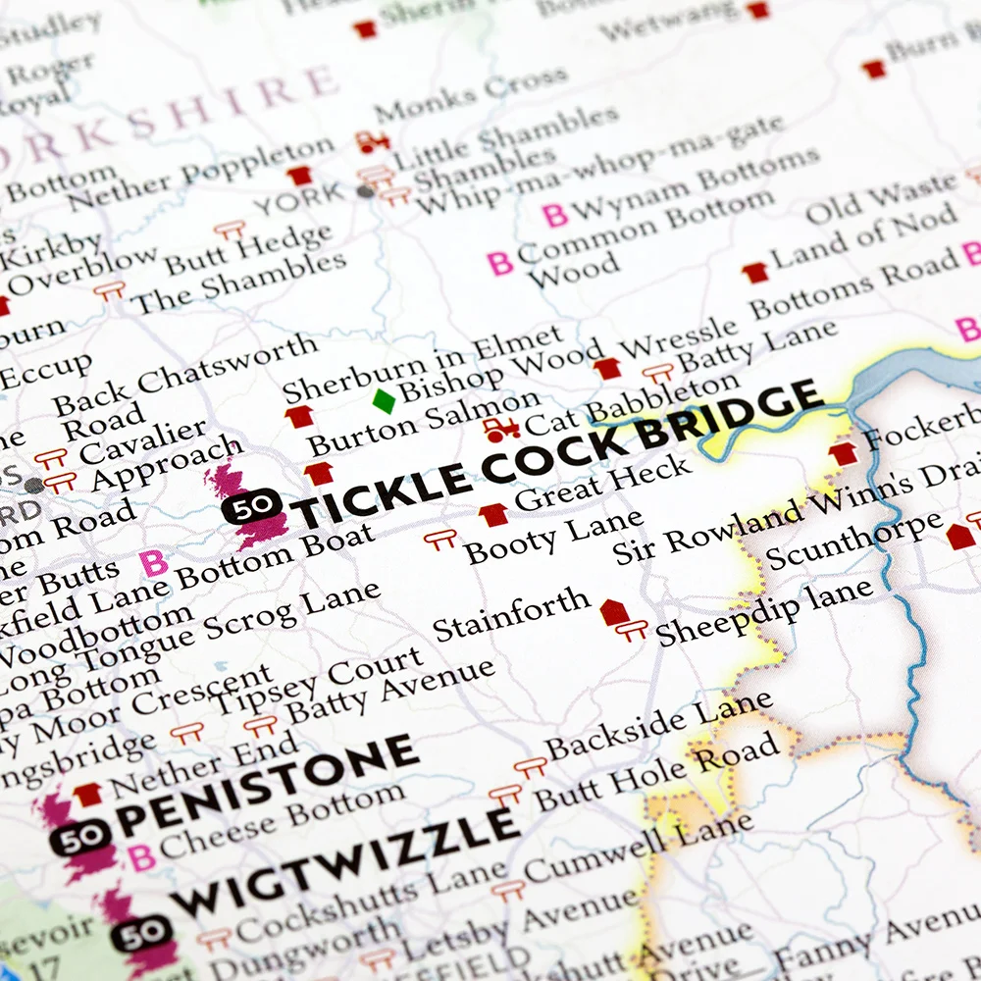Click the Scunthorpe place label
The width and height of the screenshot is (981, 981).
tap(853, 541)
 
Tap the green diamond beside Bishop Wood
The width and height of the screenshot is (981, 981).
tap(384, 400)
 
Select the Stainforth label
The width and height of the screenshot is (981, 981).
tap(512, 615)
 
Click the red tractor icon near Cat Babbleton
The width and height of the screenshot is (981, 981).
tap(499, 430)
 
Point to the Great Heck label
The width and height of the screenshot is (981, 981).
tap(603, 486)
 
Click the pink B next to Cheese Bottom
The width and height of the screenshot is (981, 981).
tap(142, 856)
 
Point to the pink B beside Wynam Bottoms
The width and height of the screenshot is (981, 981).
tap(555, 215)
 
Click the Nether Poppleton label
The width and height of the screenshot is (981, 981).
tap(201, 177)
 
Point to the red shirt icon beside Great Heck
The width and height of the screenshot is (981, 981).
tap(493, 514)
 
